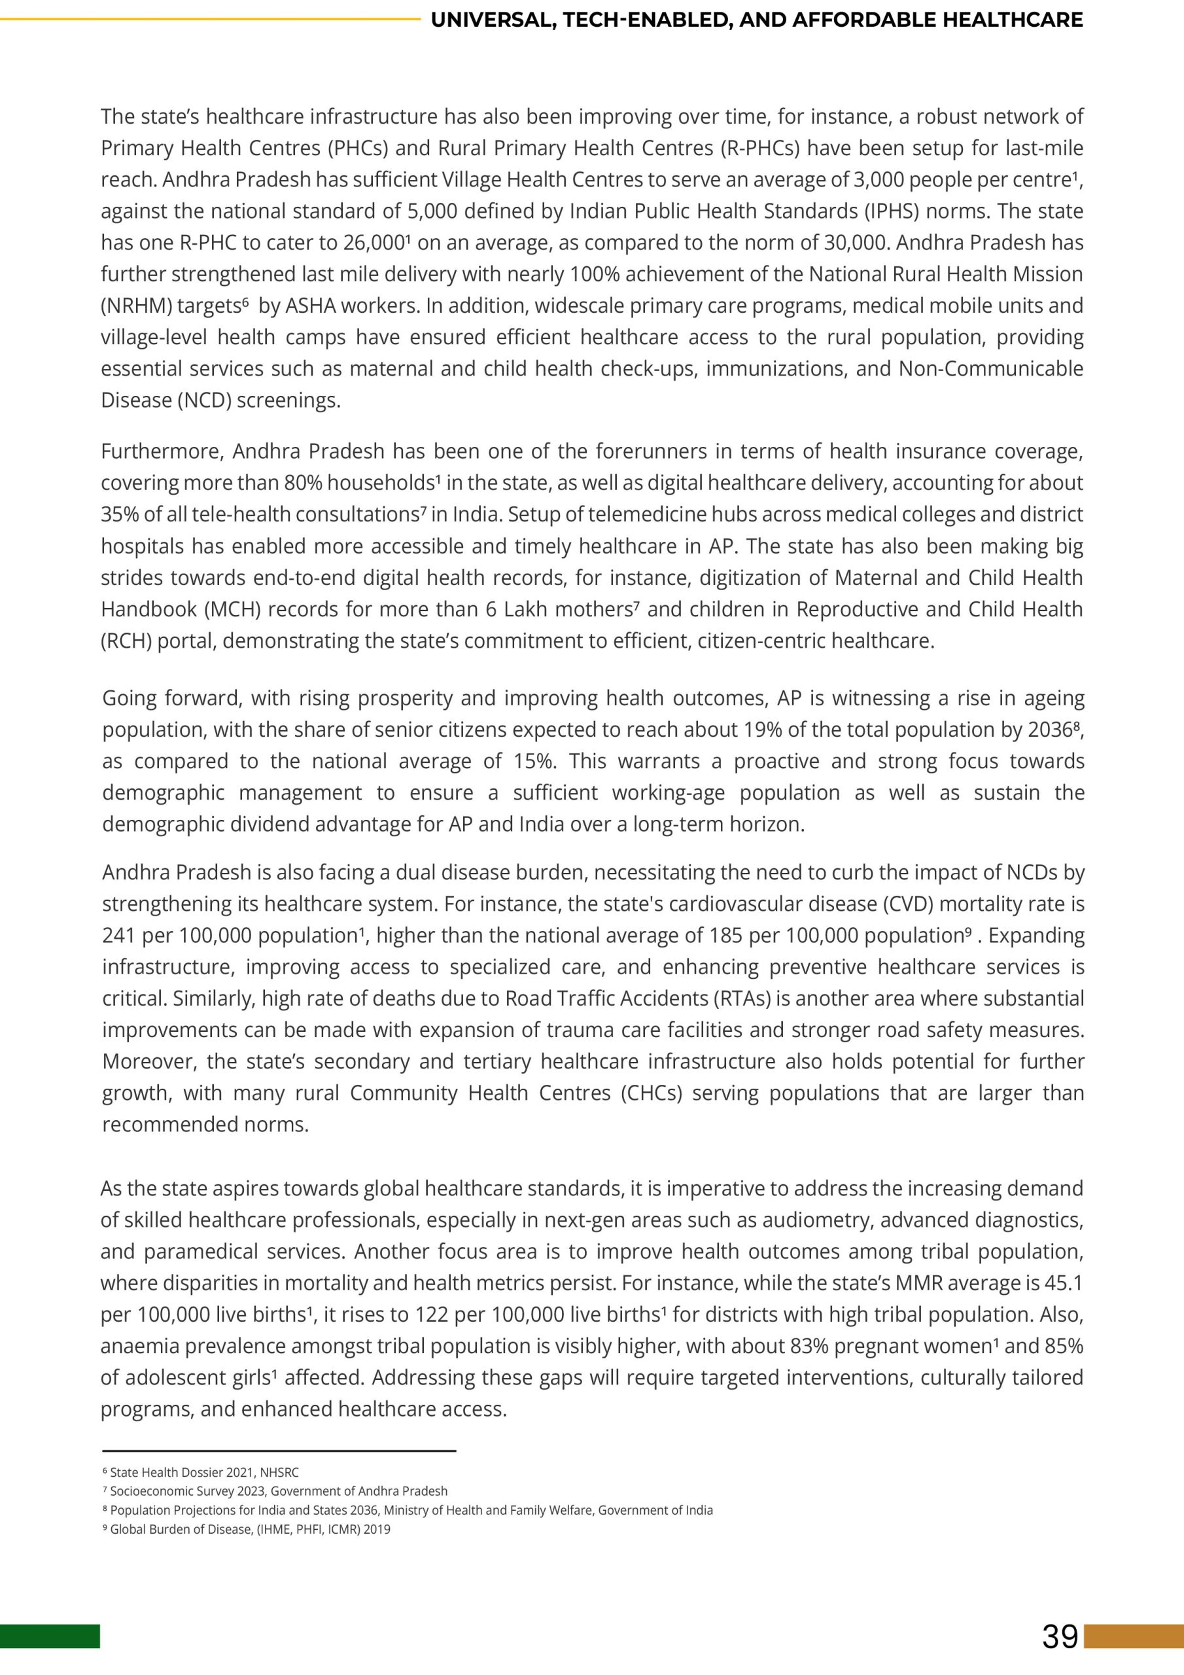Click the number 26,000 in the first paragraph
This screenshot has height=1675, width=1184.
pos(373,243)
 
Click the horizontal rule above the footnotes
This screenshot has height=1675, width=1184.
pos(279,1451)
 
